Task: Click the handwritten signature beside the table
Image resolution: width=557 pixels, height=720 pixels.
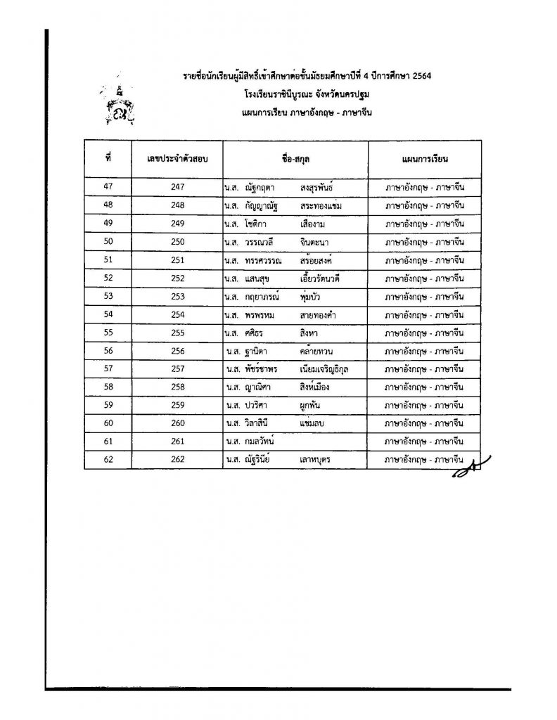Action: click(469, 468)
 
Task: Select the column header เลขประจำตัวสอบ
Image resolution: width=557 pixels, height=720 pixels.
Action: click(177, 159)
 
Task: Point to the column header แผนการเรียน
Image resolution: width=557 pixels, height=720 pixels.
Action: click(424, 159)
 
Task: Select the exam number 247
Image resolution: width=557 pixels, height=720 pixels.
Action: click(177, 187)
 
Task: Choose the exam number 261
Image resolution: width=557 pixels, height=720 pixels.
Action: click(177, 442)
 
